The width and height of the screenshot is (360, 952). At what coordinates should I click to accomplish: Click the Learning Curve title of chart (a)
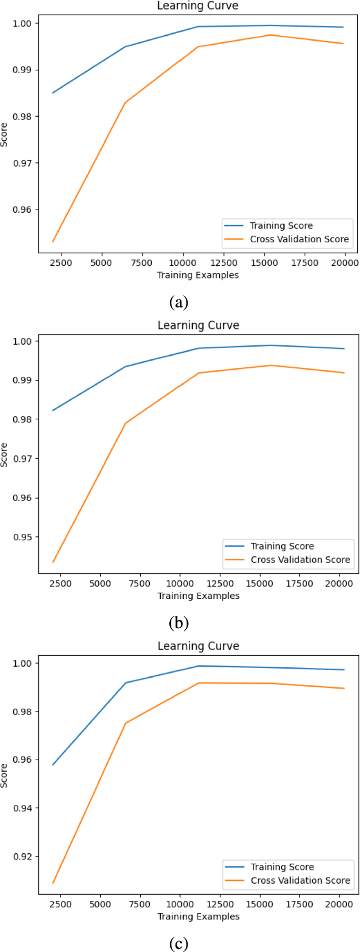[x=198, y=6]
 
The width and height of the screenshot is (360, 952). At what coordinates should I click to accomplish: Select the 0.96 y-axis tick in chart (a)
[x=22, y=210]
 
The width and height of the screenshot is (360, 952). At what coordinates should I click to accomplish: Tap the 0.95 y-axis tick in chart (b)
[x=22, y=537]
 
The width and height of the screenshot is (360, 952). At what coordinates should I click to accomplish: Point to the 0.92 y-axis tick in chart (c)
[x=22, y=856]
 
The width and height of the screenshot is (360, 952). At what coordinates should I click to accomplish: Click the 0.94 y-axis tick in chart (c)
[x=22, y=808]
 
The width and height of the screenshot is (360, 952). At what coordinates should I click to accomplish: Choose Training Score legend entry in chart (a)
[x=281, y=225]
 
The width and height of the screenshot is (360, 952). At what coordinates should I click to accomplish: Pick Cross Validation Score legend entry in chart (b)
[x=300, y=560]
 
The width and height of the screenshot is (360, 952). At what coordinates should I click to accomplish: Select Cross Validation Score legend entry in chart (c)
[x=300, y=880]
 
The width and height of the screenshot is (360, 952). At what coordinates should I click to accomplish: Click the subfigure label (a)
[x=179, y=302]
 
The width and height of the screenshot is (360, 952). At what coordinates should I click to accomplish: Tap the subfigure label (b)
[x=179, y=623]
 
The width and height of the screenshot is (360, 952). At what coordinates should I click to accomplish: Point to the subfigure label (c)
[x=179, y=944]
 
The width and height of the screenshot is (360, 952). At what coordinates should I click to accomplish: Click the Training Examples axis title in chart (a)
[x=198, y=275]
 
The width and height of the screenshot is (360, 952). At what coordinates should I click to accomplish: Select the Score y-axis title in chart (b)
[x=5, y=455]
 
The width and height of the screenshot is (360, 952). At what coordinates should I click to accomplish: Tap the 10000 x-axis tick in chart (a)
[x=182, y=263]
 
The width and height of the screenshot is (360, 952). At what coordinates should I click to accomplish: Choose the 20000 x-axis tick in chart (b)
[x=339, y=583]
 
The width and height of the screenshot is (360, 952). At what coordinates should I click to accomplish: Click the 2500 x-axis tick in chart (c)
[x=60, y=904]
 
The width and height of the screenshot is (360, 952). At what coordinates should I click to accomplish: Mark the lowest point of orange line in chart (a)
[x=53, y=242]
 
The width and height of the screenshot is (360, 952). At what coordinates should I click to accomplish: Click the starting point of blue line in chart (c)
[x=53, y=765]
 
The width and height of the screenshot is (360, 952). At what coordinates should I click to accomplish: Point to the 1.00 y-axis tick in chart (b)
[x=22, y=341]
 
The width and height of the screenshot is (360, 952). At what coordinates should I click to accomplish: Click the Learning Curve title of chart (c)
[x=198, y=646]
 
